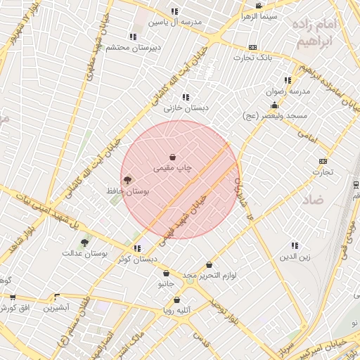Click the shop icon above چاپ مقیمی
[173, 157]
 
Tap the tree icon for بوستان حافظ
[127, 181]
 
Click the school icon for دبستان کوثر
[137, 248]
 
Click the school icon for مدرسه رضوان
[287, 80]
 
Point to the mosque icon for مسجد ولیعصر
[274, 105]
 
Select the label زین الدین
[295, 257]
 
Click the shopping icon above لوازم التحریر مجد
[209, 265]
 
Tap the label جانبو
[166, 284]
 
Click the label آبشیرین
[56, 308]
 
